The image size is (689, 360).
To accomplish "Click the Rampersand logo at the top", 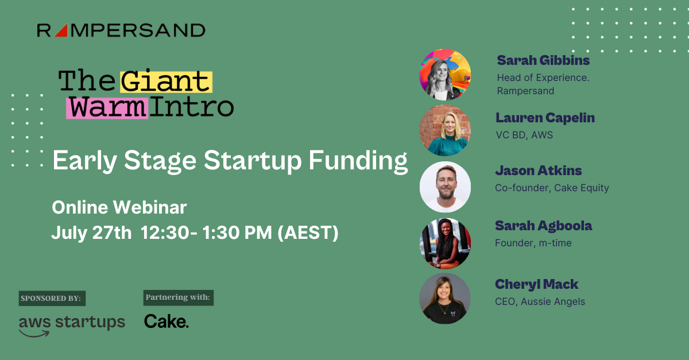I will coord(121,30).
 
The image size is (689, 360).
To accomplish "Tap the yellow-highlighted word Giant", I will coord(166,83).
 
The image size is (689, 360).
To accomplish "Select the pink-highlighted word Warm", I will coord(107,107).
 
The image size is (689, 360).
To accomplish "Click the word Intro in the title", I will coord(192,107).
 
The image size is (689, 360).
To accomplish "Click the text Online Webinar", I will coord(119,207).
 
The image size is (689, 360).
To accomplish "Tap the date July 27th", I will coord(91,233).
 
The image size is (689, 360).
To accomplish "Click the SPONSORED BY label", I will coord(52,299).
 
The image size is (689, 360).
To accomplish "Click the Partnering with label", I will coord(178,297).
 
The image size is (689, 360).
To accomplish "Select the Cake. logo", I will coord(166,322).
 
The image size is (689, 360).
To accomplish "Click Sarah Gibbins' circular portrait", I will coord(445,75).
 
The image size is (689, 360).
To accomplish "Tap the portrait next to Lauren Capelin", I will coord(445,130).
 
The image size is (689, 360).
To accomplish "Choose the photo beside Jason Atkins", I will coord(445,187).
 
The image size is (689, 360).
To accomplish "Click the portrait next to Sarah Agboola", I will coord(445,243).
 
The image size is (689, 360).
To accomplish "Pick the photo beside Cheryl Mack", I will coord(445,299).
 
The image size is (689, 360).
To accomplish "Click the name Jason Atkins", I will coord(538,171).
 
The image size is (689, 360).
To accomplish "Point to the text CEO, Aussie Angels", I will coord(540,301).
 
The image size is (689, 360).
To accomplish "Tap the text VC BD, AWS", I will coord(524,135).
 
